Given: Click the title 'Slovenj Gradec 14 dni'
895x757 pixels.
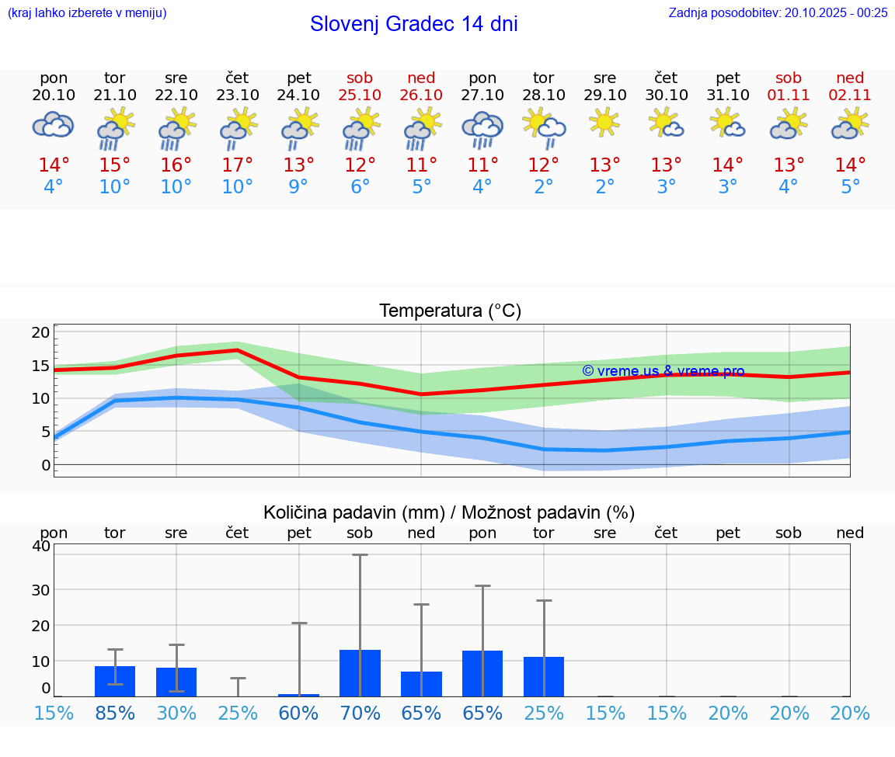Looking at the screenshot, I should (x=413, y=24).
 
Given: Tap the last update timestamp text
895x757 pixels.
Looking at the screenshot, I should (x=778, y=12).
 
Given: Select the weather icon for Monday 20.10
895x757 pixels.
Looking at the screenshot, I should (x=53, y=125).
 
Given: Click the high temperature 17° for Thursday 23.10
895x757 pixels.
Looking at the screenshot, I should (x=237, y=165).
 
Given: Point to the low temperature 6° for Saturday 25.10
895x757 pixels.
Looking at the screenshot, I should (x=360, y=187).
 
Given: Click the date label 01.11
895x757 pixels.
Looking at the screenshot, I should (x=789, y=95).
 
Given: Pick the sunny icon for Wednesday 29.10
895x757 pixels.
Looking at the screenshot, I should (x=604, y=123).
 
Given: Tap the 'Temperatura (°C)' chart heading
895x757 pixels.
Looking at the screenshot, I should (x=450, y=311).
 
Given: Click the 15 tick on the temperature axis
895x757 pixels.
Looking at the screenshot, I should (x=40, y=366).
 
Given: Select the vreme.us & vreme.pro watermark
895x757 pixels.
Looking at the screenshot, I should (x=663, y=371).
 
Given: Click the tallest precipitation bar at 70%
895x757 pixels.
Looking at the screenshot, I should (x=360, y=672).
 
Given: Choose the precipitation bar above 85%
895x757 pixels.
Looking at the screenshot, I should (x=115, y=681).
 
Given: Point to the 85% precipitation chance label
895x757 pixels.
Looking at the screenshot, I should (x=115, y=713).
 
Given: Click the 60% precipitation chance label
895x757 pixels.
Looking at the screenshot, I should (x=298, y=713).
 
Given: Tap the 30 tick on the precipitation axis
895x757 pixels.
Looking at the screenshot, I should (x=40, y=589).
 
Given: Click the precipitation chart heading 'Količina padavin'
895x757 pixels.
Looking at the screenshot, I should (x=449, y=512).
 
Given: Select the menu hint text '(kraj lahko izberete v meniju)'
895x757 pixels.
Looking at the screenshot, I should (x=87, y=12).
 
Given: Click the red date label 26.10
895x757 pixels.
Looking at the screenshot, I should (x=421, y=95).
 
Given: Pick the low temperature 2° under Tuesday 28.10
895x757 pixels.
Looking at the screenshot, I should (x=543, y=187).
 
